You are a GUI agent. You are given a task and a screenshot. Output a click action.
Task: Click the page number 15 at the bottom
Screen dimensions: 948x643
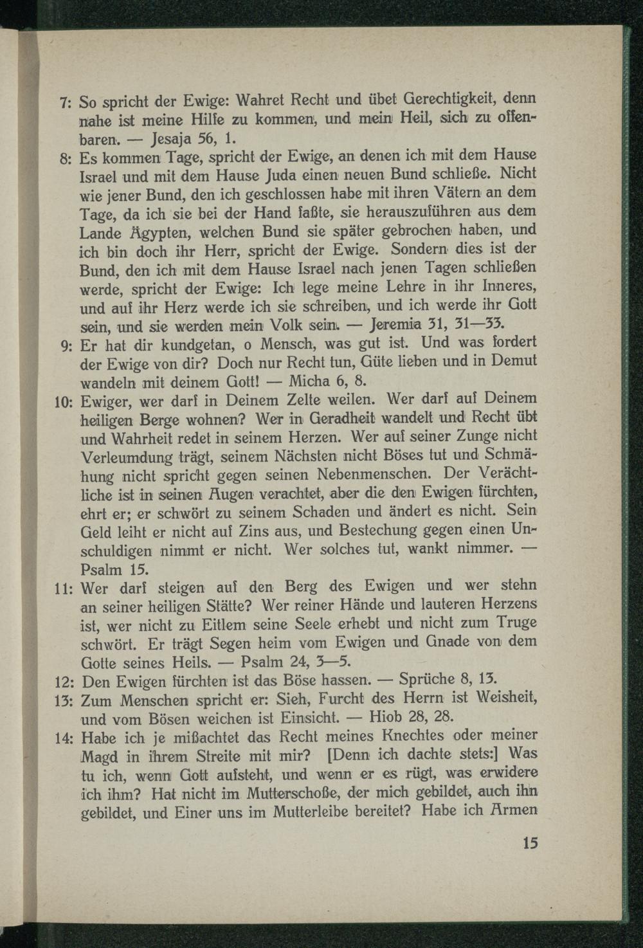pos(530,844)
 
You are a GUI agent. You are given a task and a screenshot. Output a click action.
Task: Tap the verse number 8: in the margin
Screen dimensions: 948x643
pos(68,158)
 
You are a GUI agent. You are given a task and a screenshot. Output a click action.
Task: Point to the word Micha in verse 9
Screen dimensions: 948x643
pos(309,381)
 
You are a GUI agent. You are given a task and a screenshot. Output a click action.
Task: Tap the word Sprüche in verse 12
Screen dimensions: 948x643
pos(427,679)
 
